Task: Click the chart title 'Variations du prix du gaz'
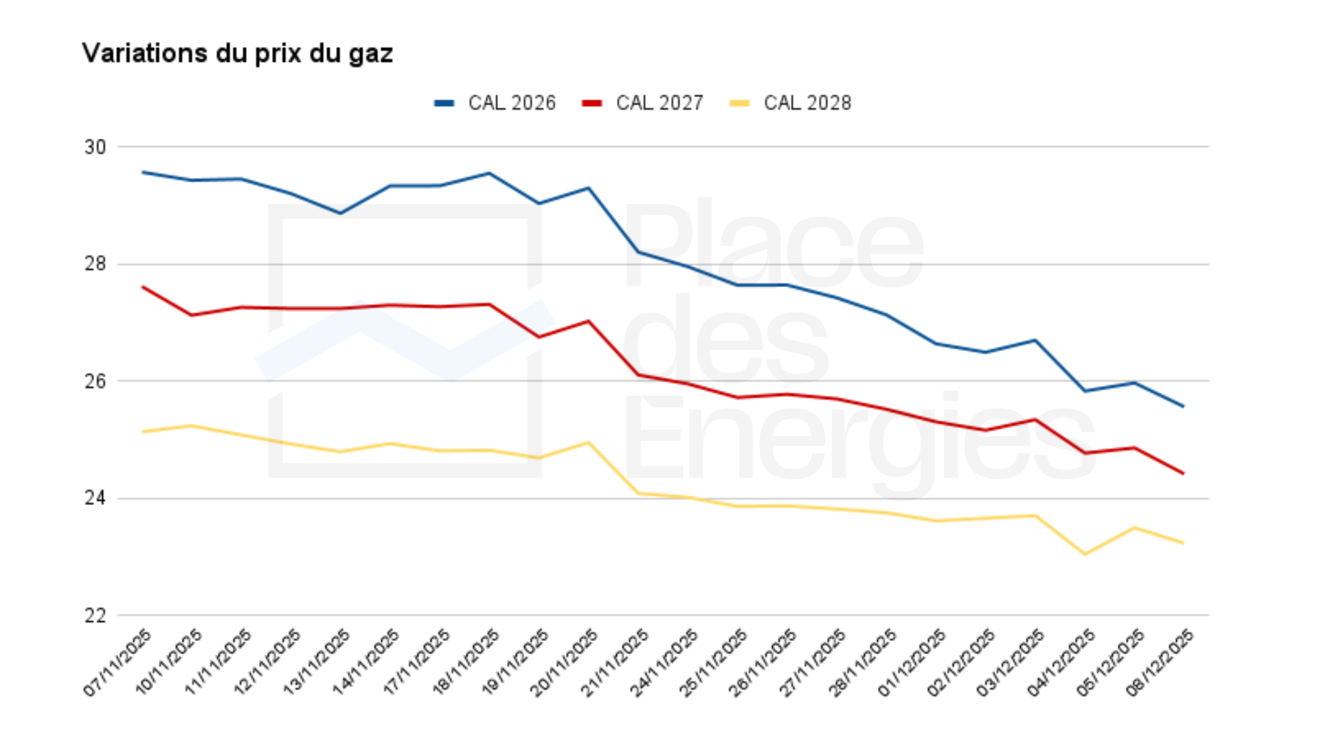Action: (x=237, y=54)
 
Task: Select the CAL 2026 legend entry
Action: (x=495, y=103)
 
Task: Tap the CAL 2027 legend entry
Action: (x=642, y=103)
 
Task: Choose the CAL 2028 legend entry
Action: (x=790, y=103)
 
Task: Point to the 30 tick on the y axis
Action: (x=95, y=147)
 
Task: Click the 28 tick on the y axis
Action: (x=95, y=264)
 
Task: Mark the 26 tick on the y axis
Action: (x=95, y=381)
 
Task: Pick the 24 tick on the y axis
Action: (x=95, y=498)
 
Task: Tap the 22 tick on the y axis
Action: (x=95, y=616)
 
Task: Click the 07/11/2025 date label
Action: (x=118, y=663)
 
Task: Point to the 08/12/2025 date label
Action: (x=1160, y=663)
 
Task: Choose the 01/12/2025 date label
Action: (x=912, y=663)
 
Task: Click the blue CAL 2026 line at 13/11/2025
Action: (x=341, y=213)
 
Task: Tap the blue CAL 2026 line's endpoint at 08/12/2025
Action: (x=1183, y=406)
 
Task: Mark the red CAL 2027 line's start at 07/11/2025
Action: (x=143, y=287)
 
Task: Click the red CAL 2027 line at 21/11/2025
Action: (x=638, y=374)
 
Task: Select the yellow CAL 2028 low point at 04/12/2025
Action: (x=1085, y=554)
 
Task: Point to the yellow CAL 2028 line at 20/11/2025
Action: (x=589, y=442)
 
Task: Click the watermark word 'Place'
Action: (x=773, y=244)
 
